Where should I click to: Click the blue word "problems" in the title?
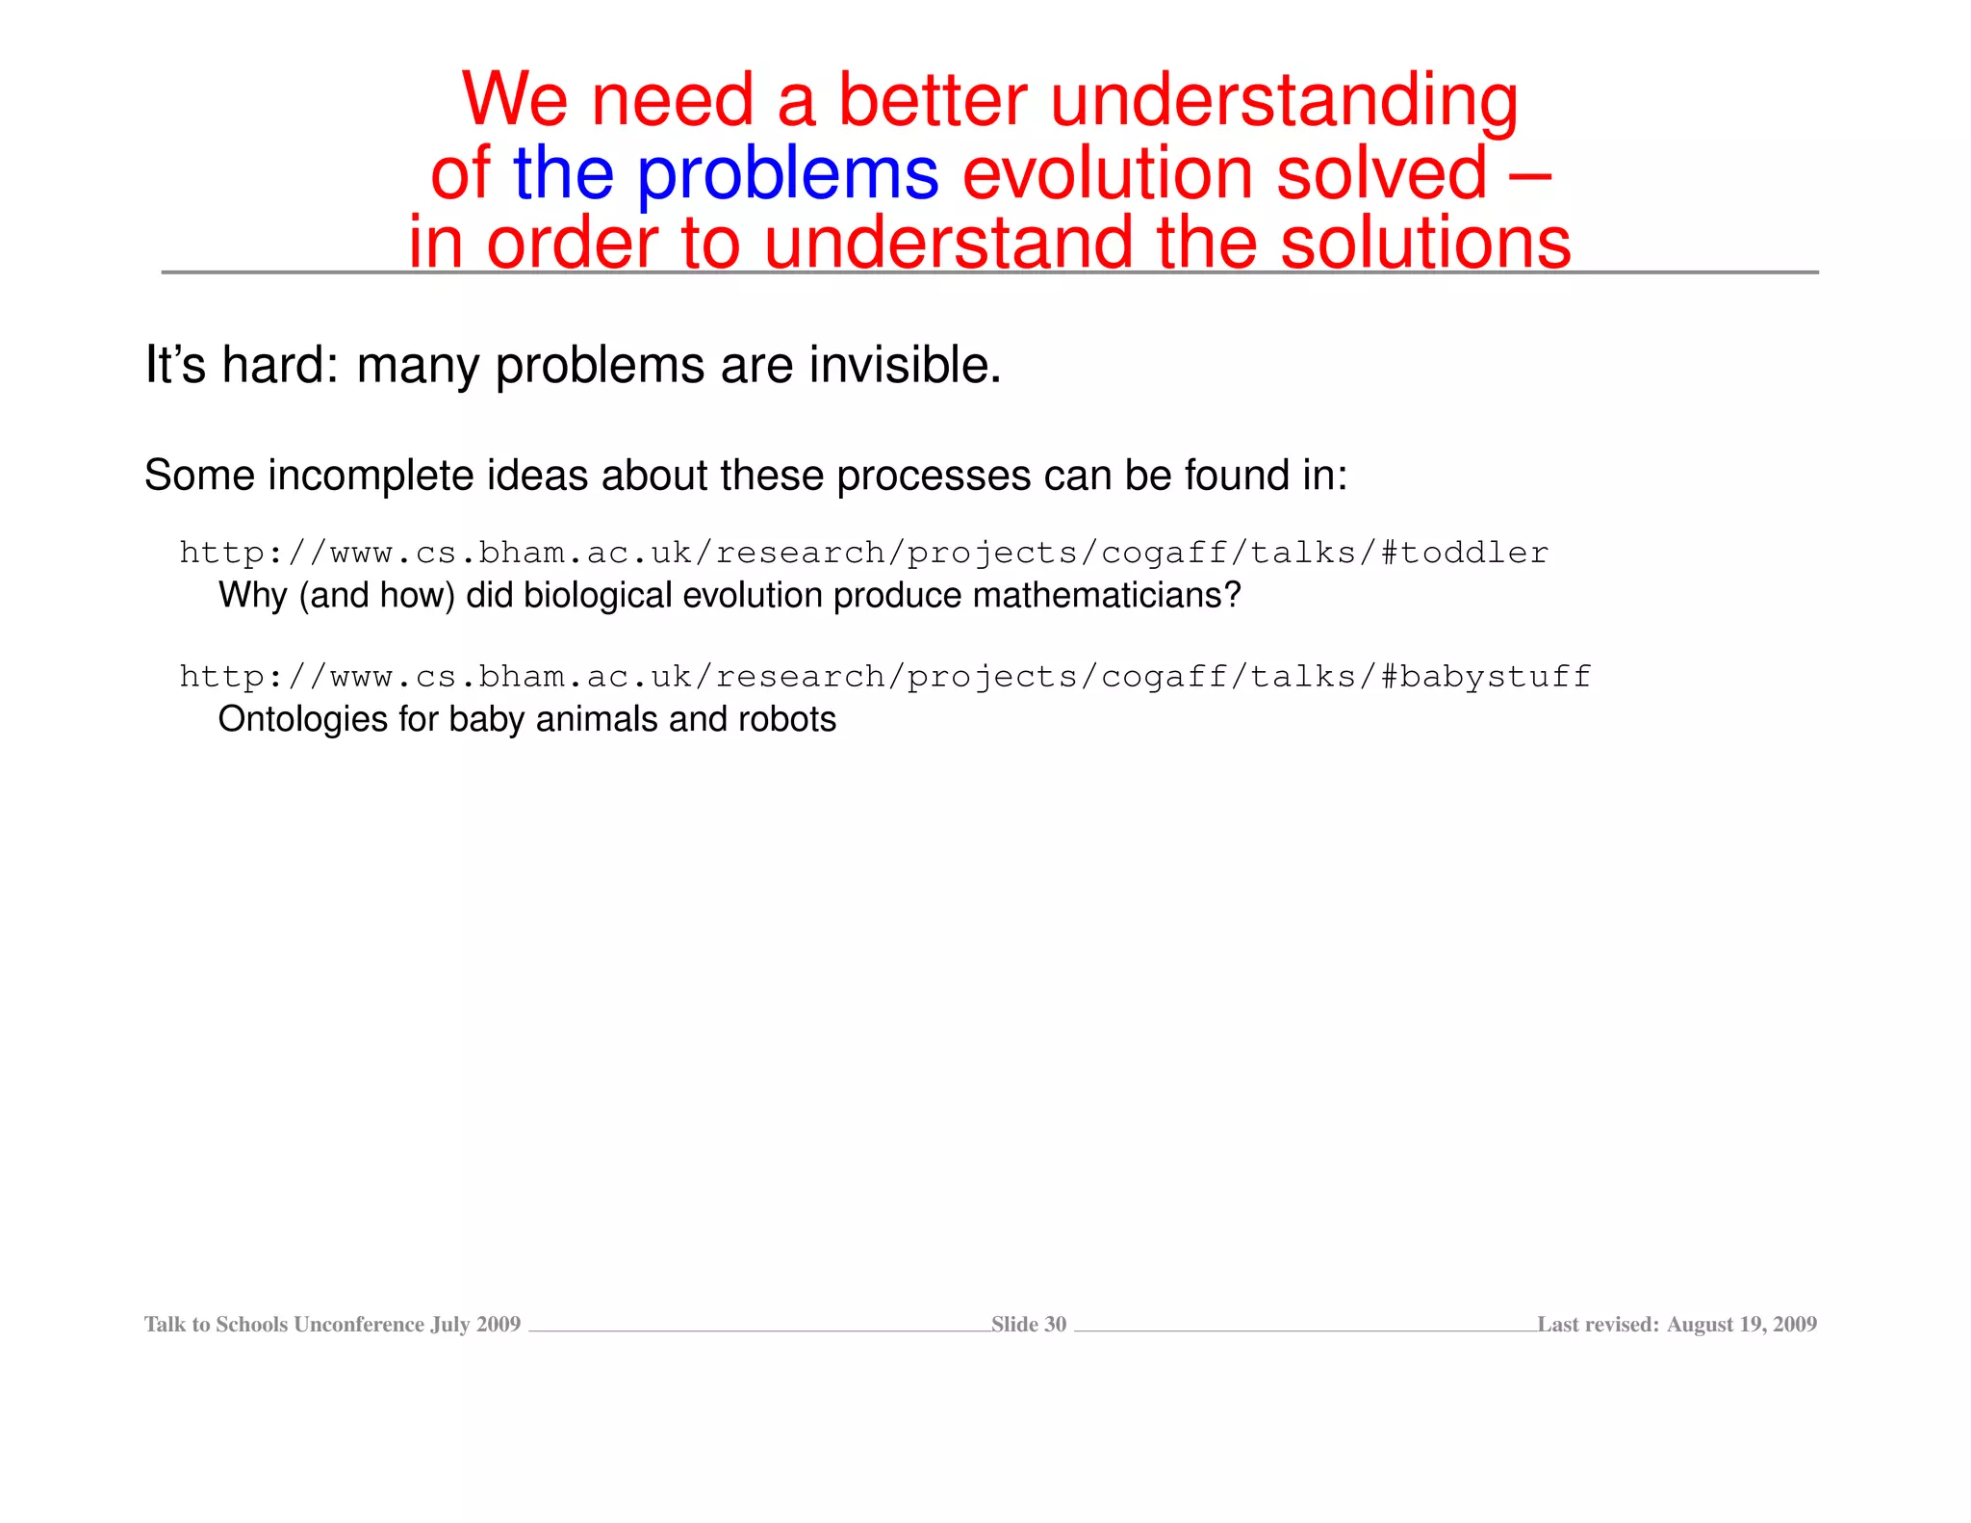click(787, 174)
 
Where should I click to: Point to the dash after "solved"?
click(1525, 174)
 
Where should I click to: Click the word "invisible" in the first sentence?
click(904, 366)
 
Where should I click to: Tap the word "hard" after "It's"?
click(272, 366)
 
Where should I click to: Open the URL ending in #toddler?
click(863, 553)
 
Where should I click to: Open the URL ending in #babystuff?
click(884, 677)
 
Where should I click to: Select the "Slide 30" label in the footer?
click(1028, 1325)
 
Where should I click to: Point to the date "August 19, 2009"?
click(1741, 1325)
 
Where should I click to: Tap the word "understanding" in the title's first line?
click(1284, 102)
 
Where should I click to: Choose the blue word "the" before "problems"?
click(563, 174)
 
